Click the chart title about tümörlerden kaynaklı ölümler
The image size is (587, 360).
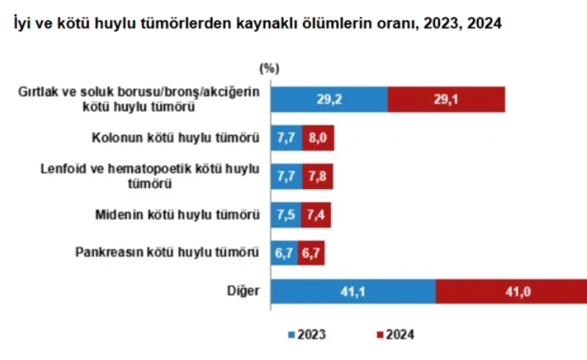(253, 24)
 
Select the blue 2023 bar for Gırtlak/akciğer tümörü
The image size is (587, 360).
(330, 99)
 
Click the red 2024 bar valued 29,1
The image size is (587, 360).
(446, 99)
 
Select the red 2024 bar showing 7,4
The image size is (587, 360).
(317, 215)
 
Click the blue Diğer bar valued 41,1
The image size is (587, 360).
(353, 292)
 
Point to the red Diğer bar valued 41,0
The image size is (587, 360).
(511, 292)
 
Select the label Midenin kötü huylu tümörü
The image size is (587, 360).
(179, 215)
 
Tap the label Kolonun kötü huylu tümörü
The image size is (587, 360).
(176, 137)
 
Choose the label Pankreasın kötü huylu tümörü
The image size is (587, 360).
(168, 253)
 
